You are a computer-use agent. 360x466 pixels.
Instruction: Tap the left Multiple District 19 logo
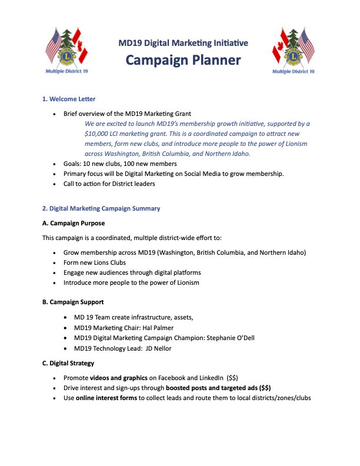66,49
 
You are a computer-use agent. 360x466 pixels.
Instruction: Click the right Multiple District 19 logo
293,49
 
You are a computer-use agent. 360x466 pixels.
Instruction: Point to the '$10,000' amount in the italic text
98,134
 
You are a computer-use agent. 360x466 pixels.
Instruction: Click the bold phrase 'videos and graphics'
121,378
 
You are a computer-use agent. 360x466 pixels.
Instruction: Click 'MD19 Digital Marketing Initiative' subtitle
183,42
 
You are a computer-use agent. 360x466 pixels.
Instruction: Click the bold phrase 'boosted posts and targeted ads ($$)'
218,388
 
